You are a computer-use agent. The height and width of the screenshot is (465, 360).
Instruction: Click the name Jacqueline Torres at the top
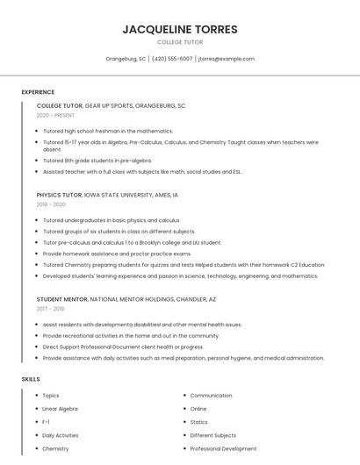click(180, 29)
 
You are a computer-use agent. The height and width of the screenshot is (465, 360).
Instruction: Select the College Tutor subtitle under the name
click(180, 42)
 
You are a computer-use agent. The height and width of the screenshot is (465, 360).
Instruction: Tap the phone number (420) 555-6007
click(172, 59)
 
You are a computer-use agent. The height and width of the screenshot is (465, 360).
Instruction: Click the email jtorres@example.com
click(226, 59)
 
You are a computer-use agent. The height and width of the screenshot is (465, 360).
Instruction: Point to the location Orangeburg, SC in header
click(126, 59)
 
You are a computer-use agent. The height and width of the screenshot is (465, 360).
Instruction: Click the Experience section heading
click(38, 92)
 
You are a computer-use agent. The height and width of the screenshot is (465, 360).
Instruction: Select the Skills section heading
click(30, 379)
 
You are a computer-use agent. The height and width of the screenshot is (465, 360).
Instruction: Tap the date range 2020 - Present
click(56, 115)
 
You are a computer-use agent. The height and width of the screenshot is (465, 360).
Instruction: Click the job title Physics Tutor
click(59, 195)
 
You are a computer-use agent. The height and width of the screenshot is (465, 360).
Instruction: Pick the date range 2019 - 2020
click(51, 204)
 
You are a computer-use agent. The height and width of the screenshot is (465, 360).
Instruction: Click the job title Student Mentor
click(61, 299)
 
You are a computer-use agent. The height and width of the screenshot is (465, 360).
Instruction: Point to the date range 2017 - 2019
click(50, 309)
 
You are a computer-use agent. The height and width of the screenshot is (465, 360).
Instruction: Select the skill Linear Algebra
click(61, 409)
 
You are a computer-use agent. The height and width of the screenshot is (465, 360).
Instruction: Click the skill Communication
click(211, 396)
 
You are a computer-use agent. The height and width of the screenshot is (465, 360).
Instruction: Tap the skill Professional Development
click(223, 448)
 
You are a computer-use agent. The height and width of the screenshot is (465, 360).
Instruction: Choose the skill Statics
click(199, 422)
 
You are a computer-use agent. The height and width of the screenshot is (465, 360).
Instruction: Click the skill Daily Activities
click(61, 435)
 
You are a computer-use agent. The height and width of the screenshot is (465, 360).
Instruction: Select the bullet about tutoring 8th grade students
click(97, 161)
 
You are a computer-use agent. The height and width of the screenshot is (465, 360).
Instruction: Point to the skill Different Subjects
click(213, 435)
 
